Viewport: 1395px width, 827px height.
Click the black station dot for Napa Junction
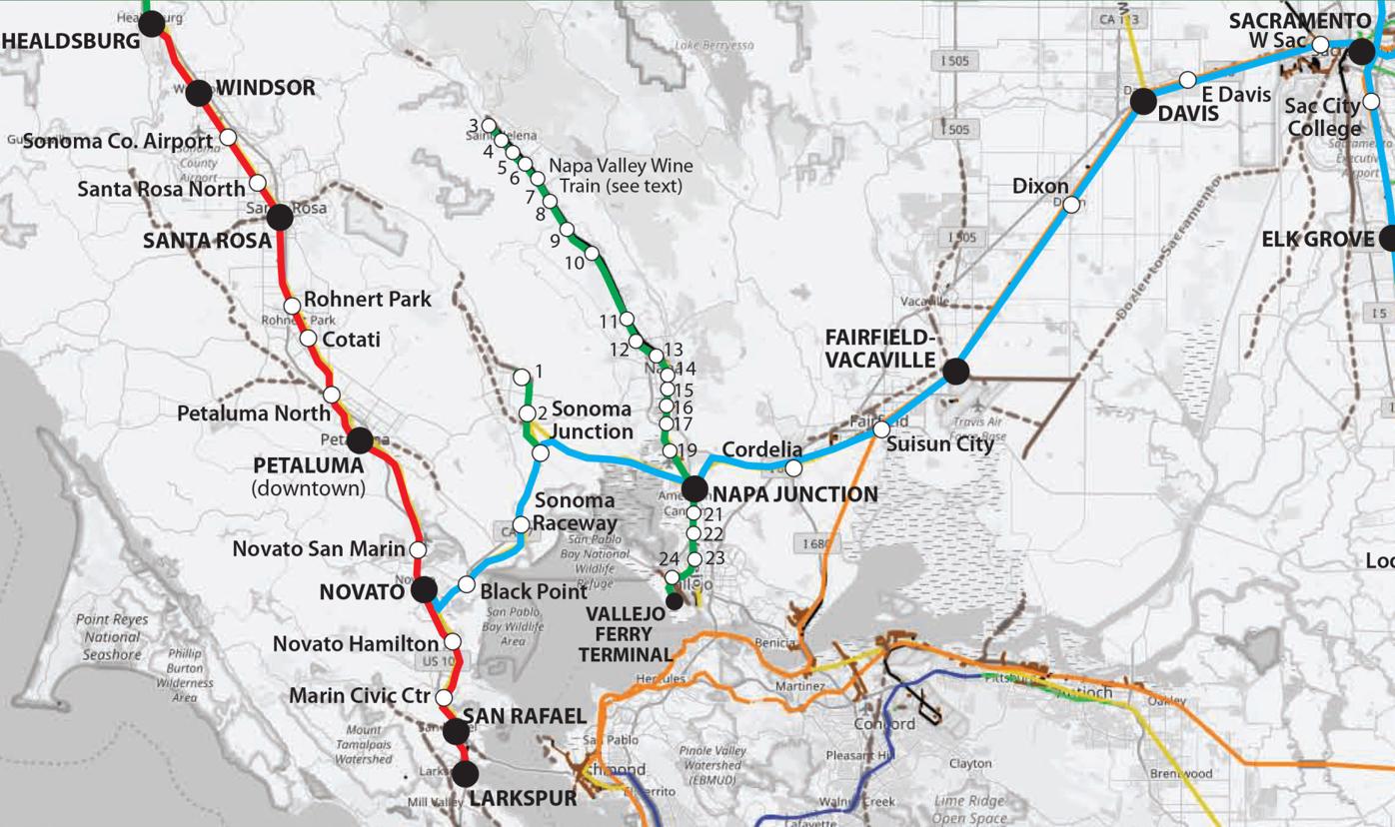pyautogui.click(x=695, y=488)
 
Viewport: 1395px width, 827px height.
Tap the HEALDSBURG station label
pyautogui.click(x=70, y=41)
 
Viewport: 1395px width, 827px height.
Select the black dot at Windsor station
pyautogui.click(x=199, y=93)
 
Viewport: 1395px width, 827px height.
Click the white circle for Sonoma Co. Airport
pyautogui.click(x=228, y=137)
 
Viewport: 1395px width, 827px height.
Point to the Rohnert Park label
pyautogui.click(x=368, y=299)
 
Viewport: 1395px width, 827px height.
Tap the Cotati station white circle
pyautogui.click(x=309, y=338)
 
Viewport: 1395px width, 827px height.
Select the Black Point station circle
pyautogui.click(x=466, y=584)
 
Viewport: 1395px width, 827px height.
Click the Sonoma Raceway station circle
pyautogui.click(x=521, y=524)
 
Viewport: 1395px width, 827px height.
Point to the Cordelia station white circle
pyautogui.click(x=793, y=467)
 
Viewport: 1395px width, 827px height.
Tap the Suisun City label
pyautogui.click(x=940, y=444)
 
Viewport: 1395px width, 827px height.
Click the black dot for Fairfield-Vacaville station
pyautogui.click(x=956, y=372)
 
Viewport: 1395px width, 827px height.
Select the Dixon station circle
pyautogui.click(x=1071, y=205)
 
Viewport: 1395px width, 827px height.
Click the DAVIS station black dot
pyautogui.click(x=1143, y=100)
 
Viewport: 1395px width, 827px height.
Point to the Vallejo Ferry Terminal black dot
pyautogui.click(x=675, y=601)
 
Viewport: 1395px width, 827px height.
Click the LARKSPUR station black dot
pyautogui.click(x=465, y=774)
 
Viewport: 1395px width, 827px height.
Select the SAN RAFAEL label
pyautogui.click(x=524, y=716)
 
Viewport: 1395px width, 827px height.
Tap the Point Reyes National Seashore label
pyautogui.click(x=112, y=637)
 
